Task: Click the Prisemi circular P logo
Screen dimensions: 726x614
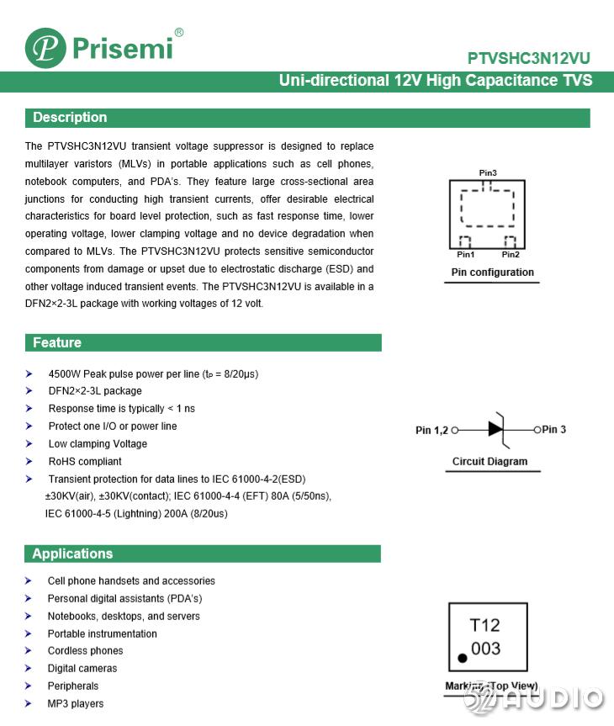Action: (45, 48)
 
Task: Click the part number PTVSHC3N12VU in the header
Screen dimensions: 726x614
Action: (529, 59)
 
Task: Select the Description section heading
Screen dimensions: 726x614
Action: (70, 118)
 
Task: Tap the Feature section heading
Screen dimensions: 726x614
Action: (57, 342)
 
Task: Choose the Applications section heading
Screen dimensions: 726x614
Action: (72, 554)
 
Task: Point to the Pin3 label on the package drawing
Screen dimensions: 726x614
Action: (488, 173)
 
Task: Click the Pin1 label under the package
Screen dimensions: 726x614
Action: (465, 254)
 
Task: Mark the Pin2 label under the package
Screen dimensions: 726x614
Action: (511, 254)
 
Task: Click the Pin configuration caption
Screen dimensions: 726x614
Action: (492, 273)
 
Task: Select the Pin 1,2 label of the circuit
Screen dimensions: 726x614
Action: (432, 430)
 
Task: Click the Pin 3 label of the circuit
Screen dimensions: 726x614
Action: (553, 429)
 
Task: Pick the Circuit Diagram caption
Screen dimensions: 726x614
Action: (490, 461)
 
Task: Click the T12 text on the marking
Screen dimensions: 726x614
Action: (484, 625)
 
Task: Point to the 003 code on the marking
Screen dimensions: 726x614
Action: (485, 649)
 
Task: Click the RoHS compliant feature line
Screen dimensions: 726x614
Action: (85, 461)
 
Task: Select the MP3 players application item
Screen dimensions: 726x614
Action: (76, 703)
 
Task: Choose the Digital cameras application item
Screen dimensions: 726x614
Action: (82, 668)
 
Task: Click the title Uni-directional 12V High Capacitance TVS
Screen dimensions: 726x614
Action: (435, 81)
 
